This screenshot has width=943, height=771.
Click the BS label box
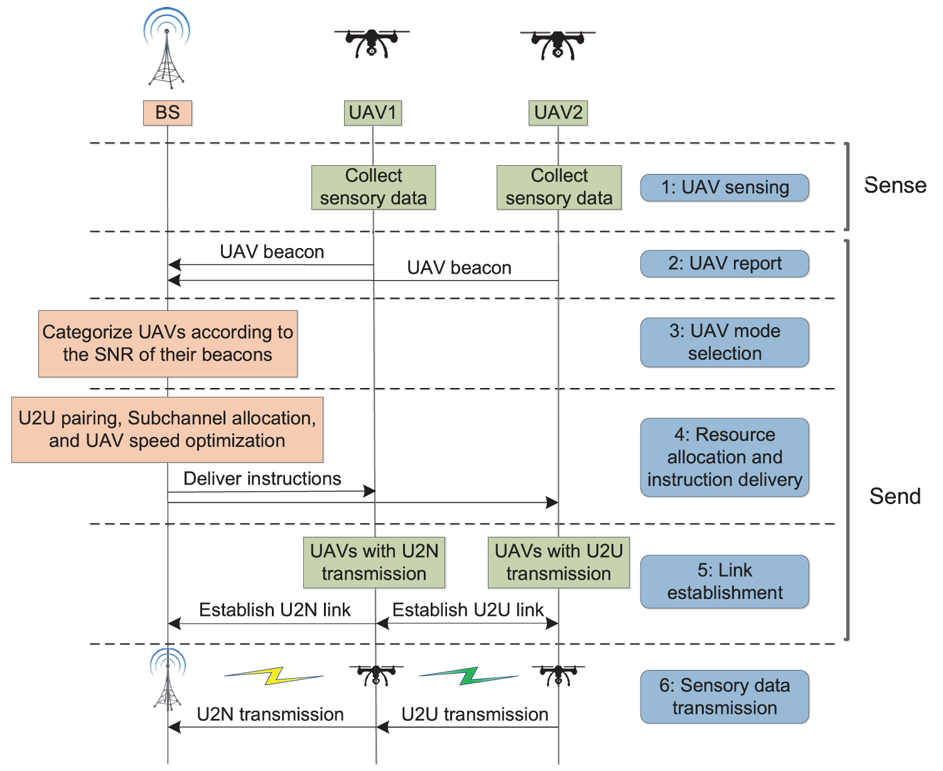coord(168,113)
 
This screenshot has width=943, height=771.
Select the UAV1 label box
coord(373,113)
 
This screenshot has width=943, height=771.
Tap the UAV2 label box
coord(558,113)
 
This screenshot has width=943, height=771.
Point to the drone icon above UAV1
coord(372,43)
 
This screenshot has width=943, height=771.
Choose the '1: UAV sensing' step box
coord(725,188)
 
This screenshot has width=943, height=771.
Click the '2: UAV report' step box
coord(725,264)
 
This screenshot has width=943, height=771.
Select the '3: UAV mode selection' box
coord(725,342)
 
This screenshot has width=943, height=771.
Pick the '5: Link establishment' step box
coord(725,581)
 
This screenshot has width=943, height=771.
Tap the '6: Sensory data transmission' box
coord(725,697)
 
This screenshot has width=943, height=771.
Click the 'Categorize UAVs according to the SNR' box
coord(168,343)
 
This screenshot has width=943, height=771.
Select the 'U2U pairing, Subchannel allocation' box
coord(167,429)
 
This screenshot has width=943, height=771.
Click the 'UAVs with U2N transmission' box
coord(374,563)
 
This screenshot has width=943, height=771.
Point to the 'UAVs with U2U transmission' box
coord(558,563)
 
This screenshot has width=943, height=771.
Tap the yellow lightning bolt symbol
coord(274,676)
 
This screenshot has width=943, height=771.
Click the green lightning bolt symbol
coord(469,676)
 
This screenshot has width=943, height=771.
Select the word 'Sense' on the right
coord(895,185)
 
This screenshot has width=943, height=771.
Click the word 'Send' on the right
coord(895,497)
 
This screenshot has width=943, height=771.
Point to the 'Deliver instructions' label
coord(262,478)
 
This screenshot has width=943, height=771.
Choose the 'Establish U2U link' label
coord(468,610)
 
